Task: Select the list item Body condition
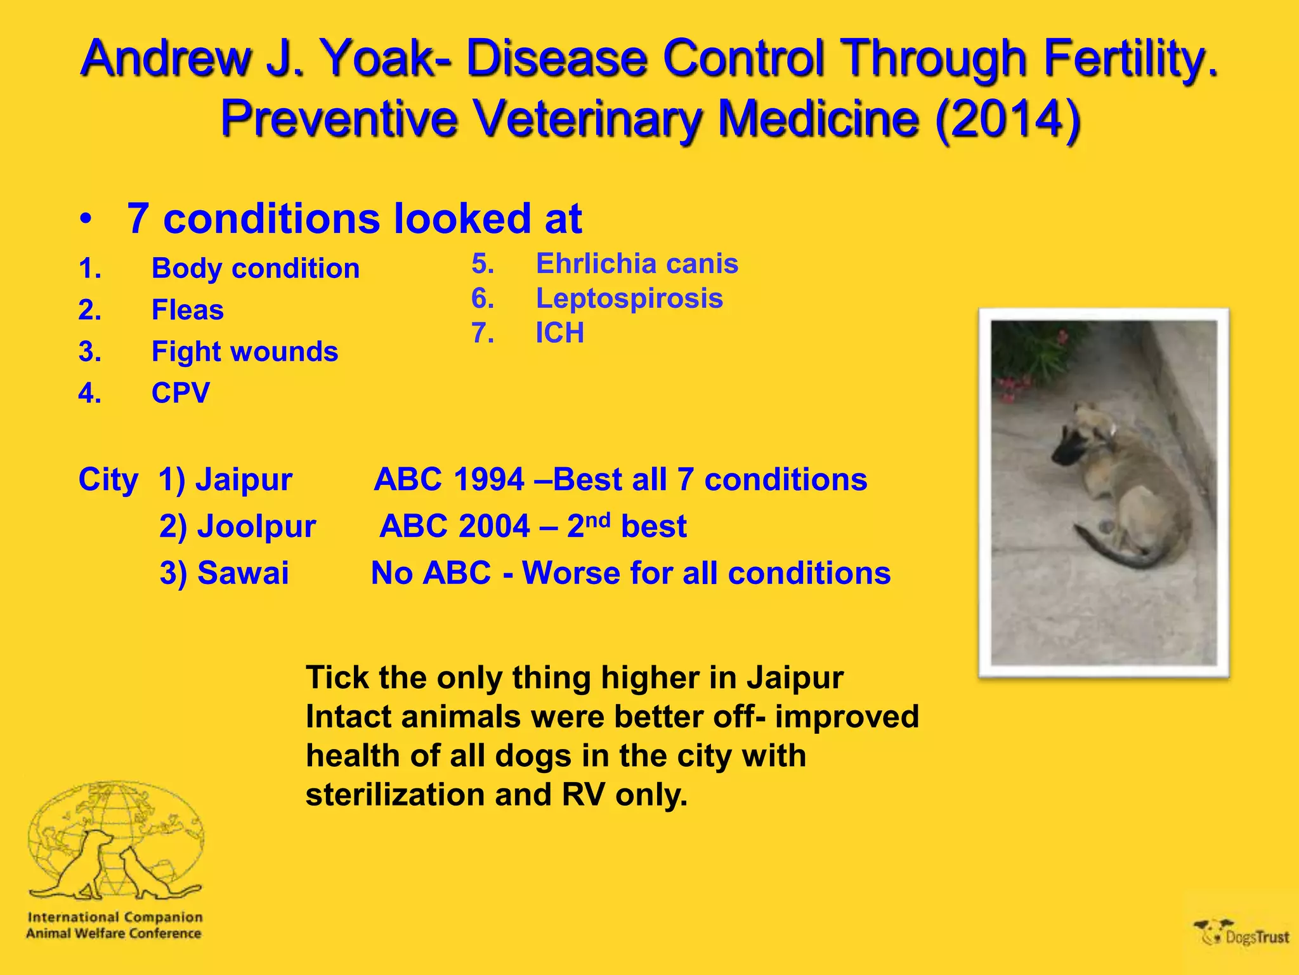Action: pyautogui.click(x=255, y=268)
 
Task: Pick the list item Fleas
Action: pyautogui.click(x=187, y=310)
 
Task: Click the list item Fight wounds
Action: pyautogui.click(x=244, y=351)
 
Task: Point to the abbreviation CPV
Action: pyautogui.click(x=180, y=393)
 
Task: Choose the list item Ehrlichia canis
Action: pyautogui.click(x=637, y=263)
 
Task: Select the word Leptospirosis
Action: pyautogui.click(x=629, y=298)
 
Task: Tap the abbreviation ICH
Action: pyautogui.click(x=559, y=333)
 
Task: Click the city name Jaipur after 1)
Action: pyautogui.click(x=244, y=479)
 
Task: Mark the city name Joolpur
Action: pyautogui.click(x=256, y=526)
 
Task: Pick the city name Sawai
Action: pyautogui.click(x=243, y=573)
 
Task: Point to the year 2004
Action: pyautogui.click(x=493, y=526)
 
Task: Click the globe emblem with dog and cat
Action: pyautogui.click(x=115, y=840)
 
